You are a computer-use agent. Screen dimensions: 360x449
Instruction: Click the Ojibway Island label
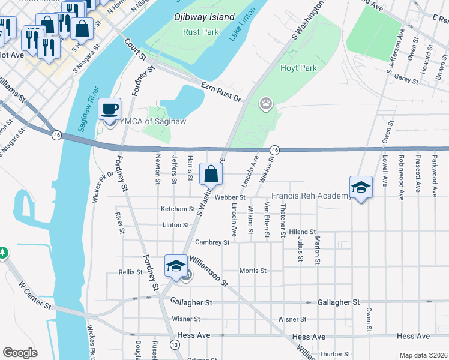pos(203,17)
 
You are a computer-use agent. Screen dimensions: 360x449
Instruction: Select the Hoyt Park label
pos(298,68)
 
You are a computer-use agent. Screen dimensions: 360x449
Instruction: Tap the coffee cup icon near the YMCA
pos(109,110)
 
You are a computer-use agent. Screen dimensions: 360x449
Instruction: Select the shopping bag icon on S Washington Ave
pos(211,175)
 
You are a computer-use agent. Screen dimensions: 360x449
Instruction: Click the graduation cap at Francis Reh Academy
pos(361,187)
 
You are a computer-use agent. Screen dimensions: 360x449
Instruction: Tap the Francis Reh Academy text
pos(311,196)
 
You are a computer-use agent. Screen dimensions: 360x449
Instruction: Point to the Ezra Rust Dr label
pos(220,91)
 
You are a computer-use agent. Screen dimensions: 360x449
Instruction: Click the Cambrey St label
pos(212,242)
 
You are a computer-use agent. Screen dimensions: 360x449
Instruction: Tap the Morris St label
pos(253,271)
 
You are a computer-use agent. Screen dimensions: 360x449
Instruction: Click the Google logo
pos(20,353)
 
